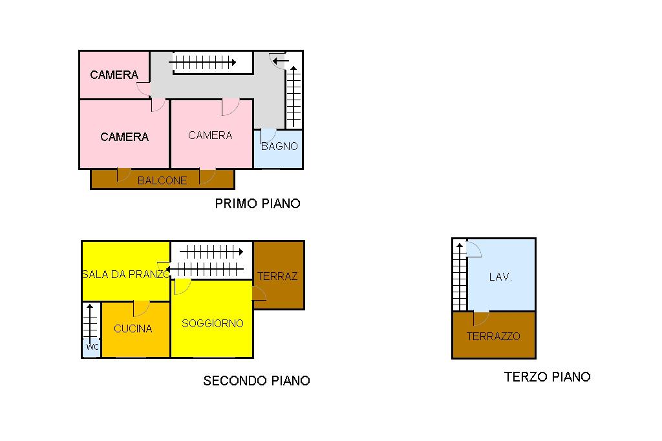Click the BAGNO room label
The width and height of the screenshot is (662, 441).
[279, 146]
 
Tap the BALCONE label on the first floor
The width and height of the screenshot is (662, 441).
[162, 180]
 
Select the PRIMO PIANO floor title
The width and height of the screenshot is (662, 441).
[257, 204]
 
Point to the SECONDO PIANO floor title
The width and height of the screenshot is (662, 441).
[257, 381]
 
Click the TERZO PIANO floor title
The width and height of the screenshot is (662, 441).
[547, 376]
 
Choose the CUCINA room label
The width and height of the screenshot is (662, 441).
[133, 328]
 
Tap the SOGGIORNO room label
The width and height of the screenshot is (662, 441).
[212, 323]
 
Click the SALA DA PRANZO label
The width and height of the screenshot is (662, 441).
[126, 274]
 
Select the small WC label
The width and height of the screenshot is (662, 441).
[92, 347]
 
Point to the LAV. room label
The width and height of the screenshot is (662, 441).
[500, 277]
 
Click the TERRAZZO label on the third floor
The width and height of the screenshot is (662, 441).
[493, 336]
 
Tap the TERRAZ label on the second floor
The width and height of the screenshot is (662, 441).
[277, 276]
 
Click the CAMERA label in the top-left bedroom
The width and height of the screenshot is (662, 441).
[114, 75]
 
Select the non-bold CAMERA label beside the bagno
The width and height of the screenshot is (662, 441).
[210, 135]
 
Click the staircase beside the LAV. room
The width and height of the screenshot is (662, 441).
[460, 276]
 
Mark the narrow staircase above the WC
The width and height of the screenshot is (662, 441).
[90, 321]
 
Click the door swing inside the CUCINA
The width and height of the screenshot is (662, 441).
[141, 309]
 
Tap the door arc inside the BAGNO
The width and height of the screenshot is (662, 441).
[268, 136]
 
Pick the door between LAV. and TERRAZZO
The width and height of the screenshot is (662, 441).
[481, 319]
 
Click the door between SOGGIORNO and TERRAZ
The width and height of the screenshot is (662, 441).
[259, 293]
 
